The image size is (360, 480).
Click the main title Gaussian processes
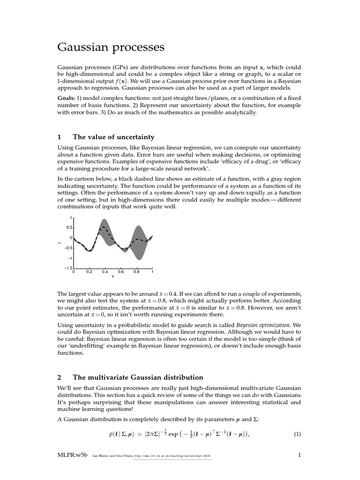click(111, 47)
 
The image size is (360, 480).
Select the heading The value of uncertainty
click(113, 137)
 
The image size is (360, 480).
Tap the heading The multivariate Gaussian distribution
click(138, 377)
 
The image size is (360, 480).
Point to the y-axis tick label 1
click(71, 218)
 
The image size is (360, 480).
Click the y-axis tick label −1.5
click(68, 268)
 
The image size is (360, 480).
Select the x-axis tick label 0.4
click(105, 271)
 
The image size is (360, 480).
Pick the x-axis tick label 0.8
click(136, 271)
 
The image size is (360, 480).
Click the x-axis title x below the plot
click(112, 277)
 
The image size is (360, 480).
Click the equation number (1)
click(297, 434)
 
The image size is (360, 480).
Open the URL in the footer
click(172, 456)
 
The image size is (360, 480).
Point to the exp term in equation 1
click(173, 434)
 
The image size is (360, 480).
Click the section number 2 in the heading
click(60, 377)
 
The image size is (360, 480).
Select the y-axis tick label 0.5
click(69, 228)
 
